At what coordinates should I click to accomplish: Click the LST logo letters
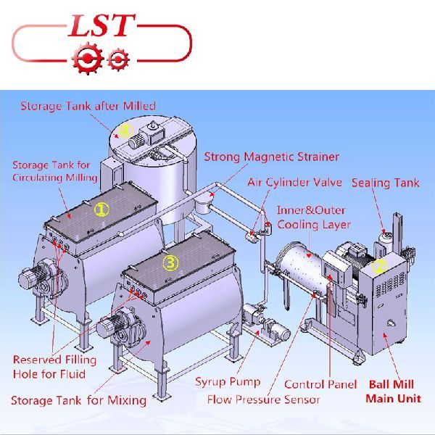click(x=101, y=25)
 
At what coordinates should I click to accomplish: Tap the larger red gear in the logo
click(x=88, y=58)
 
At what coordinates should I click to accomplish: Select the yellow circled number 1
click(x=101, y=210)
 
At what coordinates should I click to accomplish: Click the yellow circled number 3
click(x=170, y=262)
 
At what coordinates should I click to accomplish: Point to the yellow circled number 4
click(x=125, y=131)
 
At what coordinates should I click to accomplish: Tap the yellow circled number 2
click(x=379, y=265)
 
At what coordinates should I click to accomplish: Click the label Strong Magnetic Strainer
click(x=272, y=157)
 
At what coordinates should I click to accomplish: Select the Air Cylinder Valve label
click(x=294, y=183)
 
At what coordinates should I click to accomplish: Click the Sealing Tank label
click(x=386, y=183)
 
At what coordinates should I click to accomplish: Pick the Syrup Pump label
click(x=228, y=382)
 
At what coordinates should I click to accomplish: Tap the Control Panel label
click(x=320, y=384)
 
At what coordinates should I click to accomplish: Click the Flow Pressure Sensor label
click(x=264, y=399)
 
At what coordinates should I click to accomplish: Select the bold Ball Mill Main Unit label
click(x=393, y=391)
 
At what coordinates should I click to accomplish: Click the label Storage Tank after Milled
click(x=88, y=107)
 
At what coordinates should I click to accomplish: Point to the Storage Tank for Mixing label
click(x=78, y=400)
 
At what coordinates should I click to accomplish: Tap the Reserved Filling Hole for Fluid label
click(x=54, y=367)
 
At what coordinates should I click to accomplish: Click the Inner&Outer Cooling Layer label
click(x=314, y=217)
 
